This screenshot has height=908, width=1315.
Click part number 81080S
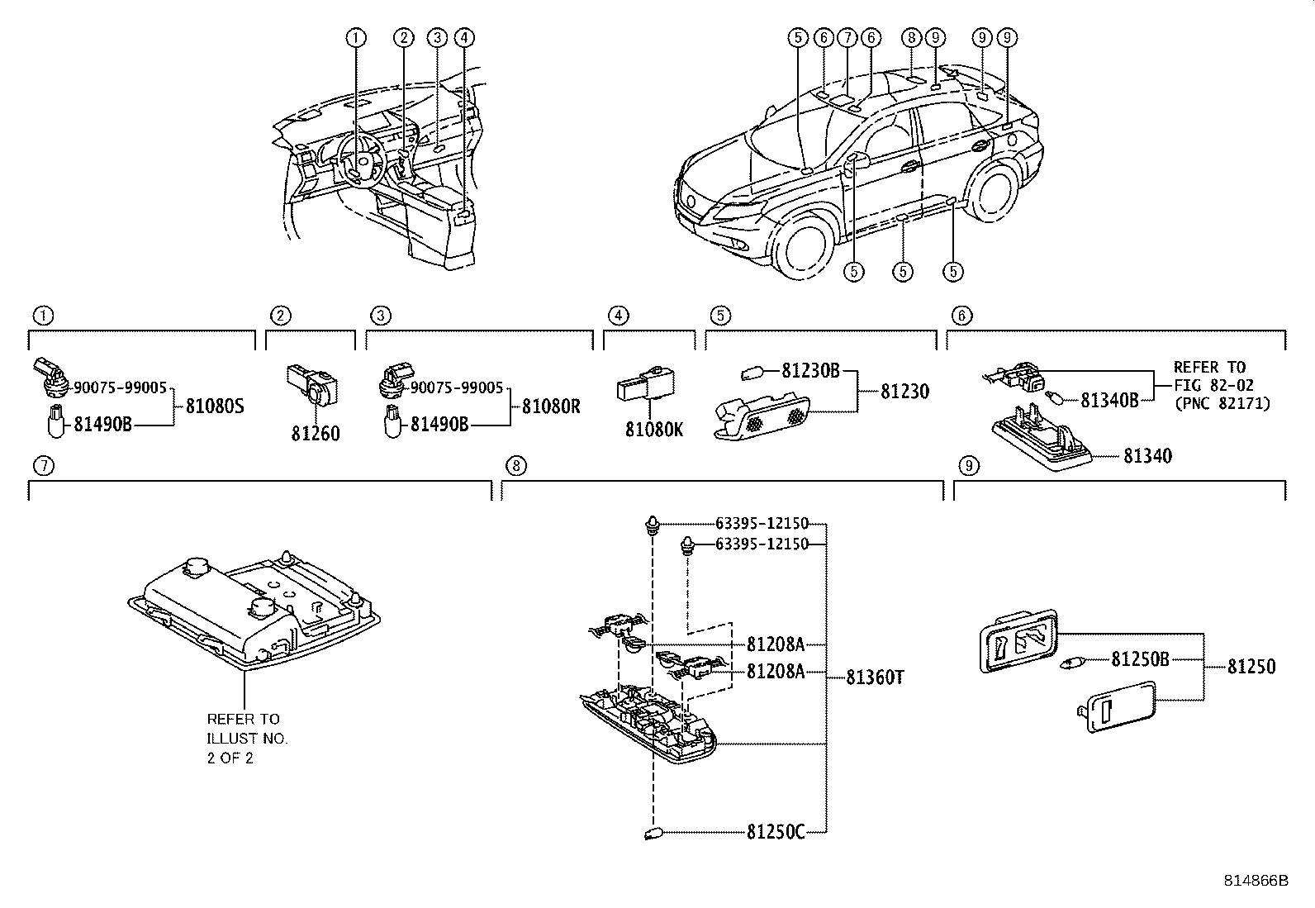pyautogui.click(x=215, y=406)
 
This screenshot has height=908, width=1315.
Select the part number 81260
pyautogui.click(x=315, y=434)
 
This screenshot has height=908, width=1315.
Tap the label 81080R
pyautogui.click(x=552, y=406)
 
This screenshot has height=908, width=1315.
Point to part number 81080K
pyautogui.click(x=654, y=430)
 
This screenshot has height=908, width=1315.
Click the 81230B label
pyautogui.click(x=809, y=372)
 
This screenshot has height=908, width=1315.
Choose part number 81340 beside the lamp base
pyautogui.click(x=1146, y=456)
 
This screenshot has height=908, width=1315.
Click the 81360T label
pyautogui.click(x=876, y=677)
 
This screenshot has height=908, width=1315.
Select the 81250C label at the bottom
pyautogui.click(x=775, y=833)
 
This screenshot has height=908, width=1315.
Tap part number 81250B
pyautogui.click(x=1140, y=659)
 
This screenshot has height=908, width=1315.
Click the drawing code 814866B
pyautogui.click(x=1256, y=881)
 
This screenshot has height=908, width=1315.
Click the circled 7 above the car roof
pyautogui.click(x=846, y=37)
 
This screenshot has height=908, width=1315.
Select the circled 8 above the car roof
pyautogui.click(x=911, y=37)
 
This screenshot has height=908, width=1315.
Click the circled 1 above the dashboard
pyautogui.click(x=355, y=37)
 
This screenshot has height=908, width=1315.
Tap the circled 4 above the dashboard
pyautogui.click(x=464, y=37)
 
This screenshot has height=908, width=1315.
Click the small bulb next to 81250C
pyautogui.click(x=653, y=834)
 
